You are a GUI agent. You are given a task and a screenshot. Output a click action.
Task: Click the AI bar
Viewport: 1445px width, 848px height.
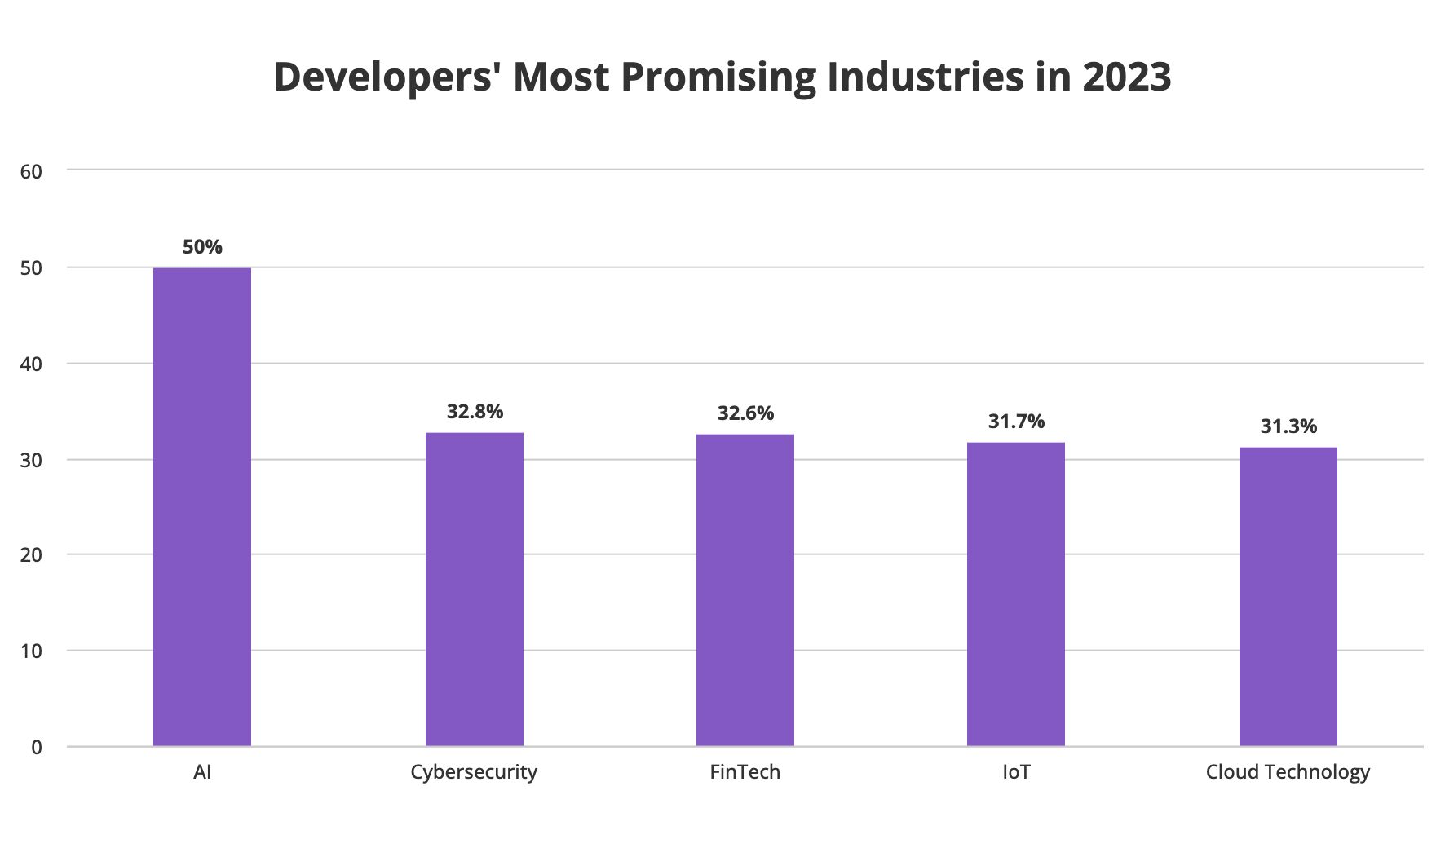click(202, 506)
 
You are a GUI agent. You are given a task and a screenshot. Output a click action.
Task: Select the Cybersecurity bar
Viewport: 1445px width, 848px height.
click(474, 589)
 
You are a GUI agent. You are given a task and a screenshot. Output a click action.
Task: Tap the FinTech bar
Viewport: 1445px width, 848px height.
click(745, 590)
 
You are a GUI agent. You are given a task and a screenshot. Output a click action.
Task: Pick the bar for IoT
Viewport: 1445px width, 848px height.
click(1015, 594)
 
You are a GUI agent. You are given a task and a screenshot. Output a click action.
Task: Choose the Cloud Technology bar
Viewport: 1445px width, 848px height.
click(1288, 596)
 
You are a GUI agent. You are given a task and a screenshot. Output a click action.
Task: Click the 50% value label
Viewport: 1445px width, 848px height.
click(202, 247)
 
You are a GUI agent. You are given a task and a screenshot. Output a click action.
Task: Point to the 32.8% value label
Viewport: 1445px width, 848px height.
click(475, 412)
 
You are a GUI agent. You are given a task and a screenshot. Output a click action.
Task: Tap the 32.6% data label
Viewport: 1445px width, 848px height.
click(745, 413)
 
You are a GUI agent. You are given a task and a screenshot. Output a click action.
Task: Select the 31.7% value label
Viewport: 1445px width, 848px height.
click(1016, 422)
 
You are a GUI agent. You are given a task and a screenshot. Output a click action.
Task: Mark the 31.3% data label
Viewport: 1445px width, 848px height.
click(1288, 426)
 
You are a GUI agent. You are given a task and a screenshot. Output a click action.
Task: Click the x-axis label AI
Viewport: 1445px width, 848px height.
click(202, 772)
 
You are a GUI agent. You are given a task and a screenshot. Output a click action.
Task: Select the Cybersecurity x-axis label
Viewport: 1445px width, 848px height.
click(474, 772)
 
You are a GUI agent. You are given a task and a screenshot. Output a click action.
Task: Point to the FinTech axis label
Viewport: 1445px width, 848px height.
click(745, 772)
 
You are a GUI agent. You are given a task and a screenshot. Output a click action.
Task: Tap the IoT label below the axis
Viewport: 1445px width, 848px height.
click(1016, 772)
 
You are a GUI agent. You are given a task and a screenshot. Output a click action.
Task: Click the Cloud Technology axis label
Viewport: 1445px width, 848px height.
click(1288, 772)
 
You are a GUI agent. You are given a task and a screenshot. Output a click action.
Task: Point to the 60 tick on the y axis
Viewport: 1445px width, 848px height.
click(31, 171)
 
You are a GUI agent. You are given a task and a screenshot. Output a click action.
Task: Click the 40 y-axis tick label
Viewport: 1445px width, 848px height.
click(31, 364)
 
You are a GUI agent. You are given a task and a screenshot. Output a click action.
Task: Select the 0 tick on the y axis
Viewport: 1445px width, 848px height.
click(37, 747)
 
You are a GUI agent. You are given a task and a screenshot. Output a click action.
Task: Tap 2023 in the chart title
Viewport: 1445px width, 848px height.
click(1127, 77)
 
